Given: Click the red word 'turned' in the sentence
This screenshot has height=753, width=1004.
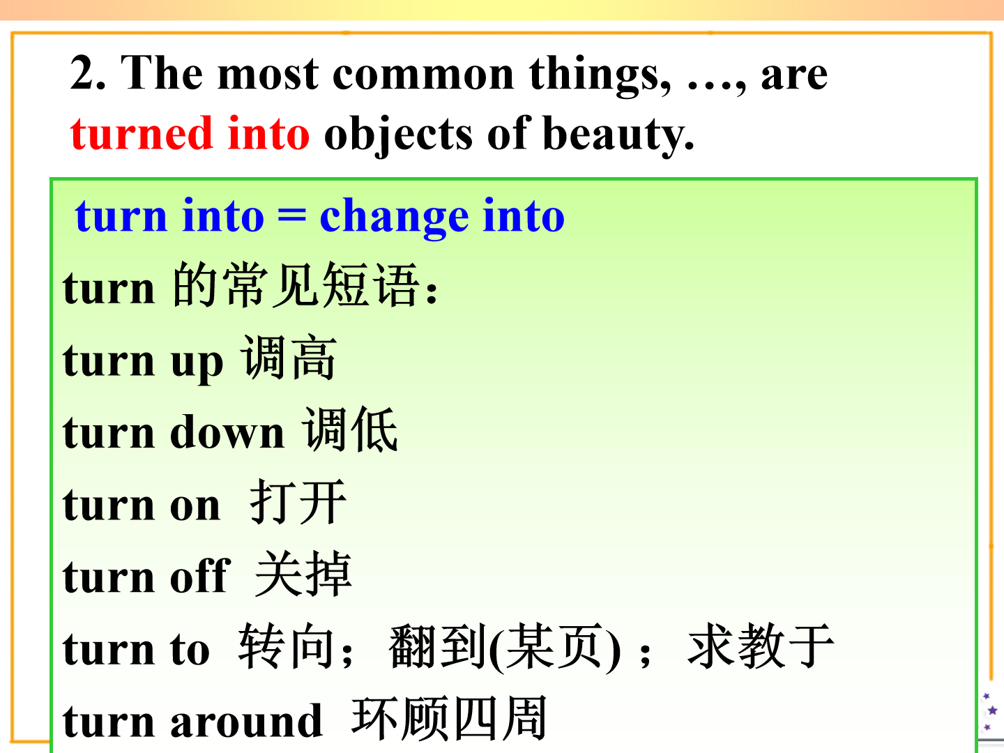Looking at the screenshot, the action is coord(142,133).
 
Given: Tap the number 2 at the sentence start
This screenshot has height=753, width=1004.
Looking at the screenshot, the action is coord(82,73).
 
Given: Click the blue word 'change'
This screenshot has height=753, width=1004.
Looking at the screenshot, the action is coord(395,216).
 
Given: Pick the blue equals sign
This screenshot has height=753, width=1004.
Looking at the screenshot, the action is coord(292,215).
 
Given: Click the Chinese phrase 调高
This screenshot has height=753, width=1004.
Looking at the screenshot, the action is coord(289,357).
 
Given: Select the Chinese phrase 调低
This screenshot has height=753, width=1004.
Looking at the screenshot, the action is coord(350,429).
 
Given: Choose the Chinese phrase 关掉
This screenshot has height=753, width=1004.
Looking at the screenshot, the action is coord(303,573).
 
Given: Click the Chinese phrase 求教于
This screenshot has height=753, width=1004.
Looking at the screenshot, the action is coord(761,646).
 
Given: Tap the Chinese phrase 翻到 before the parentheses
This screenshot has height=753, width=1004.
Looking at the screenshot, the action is coord(437,646).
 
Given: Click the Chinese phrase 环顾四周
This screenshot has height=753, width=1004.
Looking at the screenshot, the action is coord(449,718).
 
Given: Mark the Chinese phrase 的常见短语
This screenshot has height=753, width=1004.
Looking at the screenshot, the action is coord(296,284).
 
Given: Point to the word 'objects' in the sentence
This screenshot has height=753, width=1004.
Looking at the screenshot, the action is coord(398,134).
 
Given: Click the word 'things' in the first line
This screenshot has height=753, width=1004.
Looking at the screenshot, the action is coord(600,75).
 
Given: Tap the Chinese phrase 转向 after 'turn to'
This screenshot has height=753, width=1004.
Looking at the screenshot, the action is coord(287,646).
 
